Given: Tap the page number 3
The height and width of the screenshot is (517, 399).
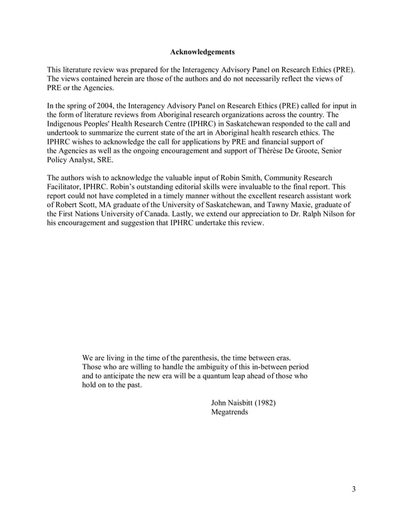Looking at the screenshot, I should tap(353, 489).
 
